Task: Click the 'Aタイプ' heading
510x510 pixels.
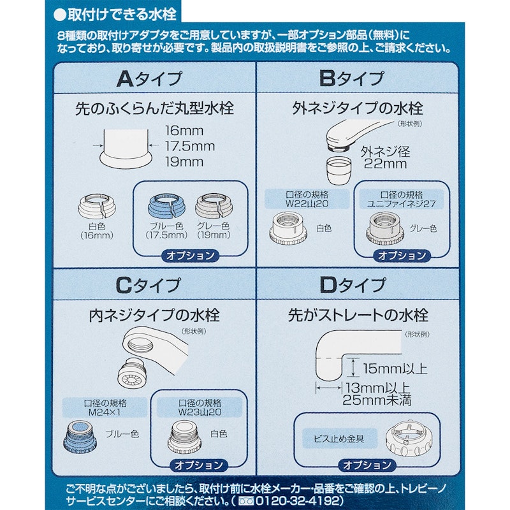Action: (149, 79)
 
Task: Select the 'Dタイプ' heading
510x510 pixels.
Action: (353, 285)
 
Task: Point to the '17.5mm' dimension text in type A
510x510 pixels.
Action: (190, 147)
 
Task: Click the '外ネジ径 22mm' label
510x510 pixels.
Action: (386, 157)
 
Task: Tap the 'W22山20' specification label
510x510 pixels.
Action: (307, 204)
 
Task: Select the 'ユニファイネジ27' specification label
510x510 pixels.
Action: (402, 204)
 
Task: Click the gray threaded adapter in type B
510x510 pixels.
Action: (385, 229)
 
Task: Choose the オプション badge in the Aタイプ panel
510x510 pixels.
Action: (190, 256)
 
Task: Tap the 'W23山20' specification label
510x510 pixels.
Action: (200, 412)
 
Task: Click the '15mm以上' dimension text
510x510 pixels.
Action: (395, 369)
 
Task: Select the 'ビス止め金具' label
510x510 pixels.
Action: (339, 439)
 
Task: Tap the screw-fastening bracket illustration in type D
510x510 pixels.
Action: (409, 441)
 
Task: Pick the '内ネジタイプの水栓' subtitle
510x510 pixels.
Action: (154, 316)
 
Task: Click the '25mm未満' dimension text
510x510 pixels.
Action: (377, 400)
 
